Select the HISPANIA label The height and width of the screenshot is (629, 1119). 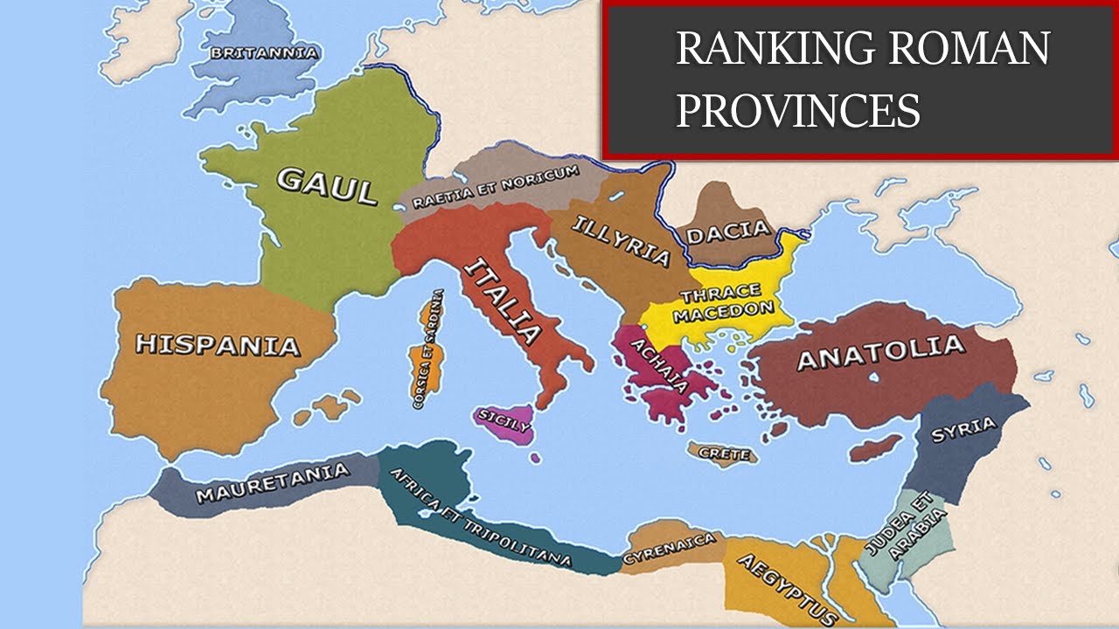point(217,344)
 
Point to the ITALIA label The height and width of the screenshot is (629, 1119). point(502,299)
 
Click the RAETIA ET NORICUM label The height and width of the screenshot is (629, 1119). point(496,187)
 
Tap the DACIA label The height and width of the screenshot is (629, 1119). point(728,232)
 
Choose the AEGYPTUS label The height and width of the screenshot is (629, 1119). point(783,588)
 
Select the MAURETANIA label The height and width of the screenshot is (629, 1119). point(272,483)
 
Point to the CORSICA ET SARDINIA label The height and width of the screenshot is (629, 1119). point(427,349)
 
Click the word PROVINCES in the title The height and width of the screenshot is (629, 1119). point(799,111)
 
